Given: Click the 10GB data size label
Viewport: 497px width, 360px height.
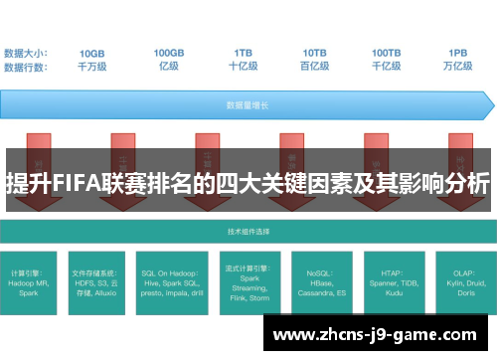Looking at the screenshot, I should [91, 52].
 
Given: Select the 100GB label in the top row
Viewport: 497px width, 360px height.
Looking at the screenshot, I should [168, 52].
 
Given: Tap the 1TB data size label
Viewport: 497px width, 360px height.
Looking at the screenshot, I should [244, 52].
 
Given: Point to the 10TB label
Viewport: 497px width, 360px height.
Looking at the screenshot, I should [315, 52].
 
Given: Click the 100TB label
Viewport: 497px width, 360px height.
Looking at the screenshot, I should [387, 52].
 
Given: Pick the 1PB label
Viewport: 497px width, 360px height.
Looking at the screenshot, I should [458, 52].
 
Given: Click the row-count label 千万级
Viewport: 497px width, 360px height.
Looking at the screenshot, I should [91, 66].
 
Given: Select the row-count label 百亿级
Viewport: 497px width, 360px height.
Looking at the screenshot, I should [315, 66].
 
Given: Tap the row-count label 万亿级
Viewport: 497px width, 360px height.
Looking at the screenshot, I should [458, 66].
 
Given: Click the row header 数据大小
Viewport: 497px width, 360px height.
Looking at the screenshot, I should [25, 52].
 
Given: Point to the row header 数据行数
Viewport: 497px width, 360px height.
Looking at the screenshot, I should [25, 66].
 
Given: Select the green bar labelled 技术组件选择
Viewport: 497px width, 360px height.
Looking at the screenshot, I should [247, 230].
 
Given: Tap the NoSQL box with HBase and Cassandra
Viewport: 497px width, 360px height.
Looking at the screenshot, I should [319, 280].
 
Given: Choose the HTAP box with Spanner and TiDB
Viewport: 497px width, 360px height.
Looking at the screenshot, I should [391, 280].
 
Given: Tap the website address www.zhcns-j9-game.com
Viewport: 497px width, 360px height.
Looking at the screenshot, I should [380, 336].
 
